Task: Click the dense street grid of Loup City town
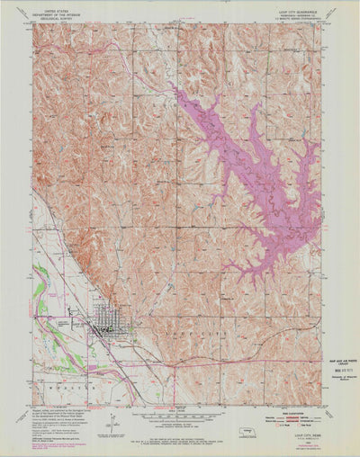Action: tap(107, 322)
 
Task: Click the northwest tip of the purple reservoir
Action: tap(172, 89)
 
